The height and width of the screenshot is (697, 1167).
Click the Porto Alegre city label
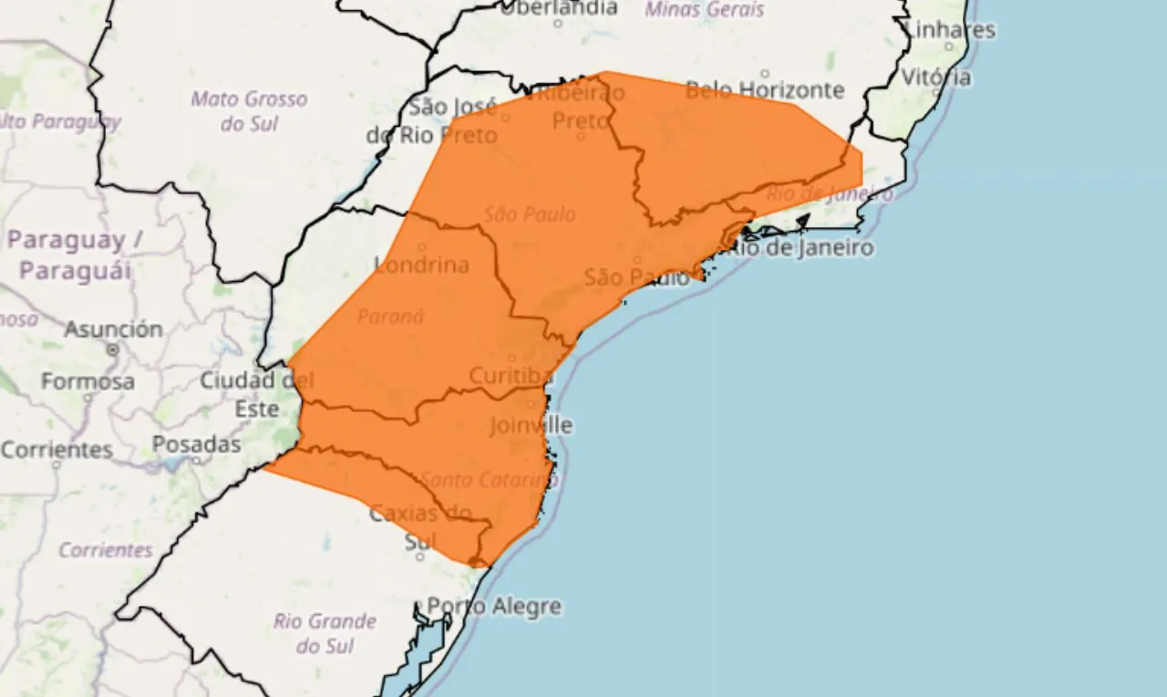494,607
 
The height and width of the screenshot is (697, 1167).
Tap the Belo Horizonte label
764,89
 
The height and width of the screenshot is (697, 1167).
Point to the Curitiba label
511,376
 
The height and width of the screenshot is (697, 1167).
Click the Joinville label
531,425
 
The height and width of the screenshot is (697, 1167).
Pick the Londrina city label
421,265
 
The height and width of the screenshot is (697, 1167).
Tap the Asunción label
113,328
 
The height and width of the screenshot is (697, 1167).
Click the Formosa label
88,380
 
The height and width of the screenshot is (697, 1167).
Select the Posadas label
196,445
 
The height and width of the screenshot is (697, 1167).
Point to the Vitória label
935,77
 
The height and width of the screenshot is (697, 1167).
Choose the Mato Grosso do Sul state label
249,110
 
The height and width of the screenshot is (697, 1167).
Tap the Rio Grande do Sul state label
325,633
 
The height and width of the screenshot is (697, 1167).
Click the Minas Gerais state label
705,9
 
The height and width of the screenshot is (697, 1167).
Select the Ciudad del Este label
256,394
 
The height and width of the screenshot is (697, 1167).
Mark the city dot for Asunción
113,349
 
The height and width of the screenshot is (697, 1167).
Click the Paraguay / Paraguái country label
77,255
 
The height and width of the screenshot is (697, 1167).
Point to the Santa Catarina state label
487,480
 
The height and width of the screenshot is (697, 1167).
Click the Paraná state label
390,317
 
